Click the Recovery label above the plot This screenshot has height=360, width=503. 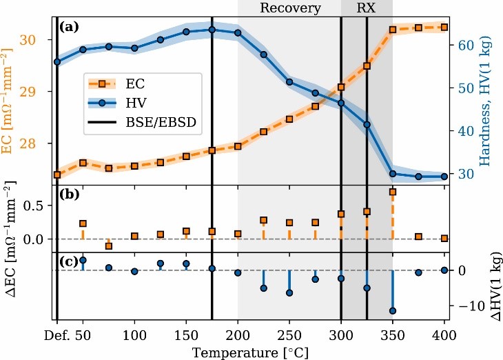pyautogui.click(x=290, y=9)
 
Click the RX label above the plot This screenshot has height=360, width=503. pyautogui.click(x=367, y=9)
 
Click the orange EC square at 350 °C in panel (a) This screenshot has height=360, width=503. pyautogui.click(x=393, y=30)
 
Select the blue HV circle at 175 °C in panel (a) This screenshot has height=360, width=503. pyautogui.click(x=212, y=30)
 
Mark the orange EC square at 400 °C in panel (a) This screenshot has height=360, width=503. pyautogui.click(x=444, y=27)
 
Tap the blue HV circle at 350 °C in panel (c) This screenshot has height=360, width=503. pyautogui.click(x=393, y=311)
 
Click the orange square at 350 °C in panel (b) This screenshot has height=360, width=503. pyautogui.click(x=393, y=192)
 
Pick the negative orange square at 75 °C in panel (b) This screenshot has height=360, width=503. pyautogui.click(x=108, y=246)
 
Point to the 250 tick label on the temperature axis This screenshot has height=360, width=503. pyautogui.click(x=289, y=334)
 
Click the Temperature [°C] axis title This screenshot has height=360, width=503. pyautogui.click(x=251, y=351)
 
